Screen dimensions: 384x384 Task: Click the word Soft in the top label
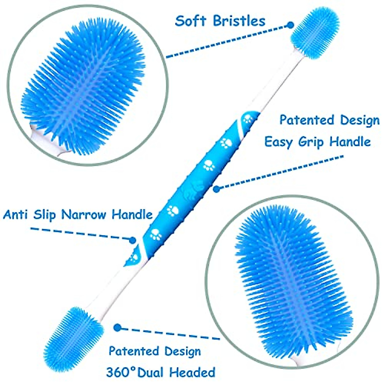pos(191,21)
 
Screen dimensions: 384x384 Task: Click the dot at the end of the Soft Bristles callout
pos(290,25)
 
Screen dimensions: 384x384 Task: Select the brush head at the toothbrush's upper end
pos(315,32)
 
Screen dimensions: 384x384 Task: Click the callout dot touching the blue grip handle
pos(217,189)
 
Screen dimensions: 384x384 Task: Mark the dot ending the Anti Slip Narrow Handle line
pos(132,239)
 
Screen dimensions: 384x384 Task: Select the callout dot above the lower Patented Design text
pos(118,327)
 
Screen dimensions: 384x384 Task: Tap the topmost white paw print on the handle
pos(248,119)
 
